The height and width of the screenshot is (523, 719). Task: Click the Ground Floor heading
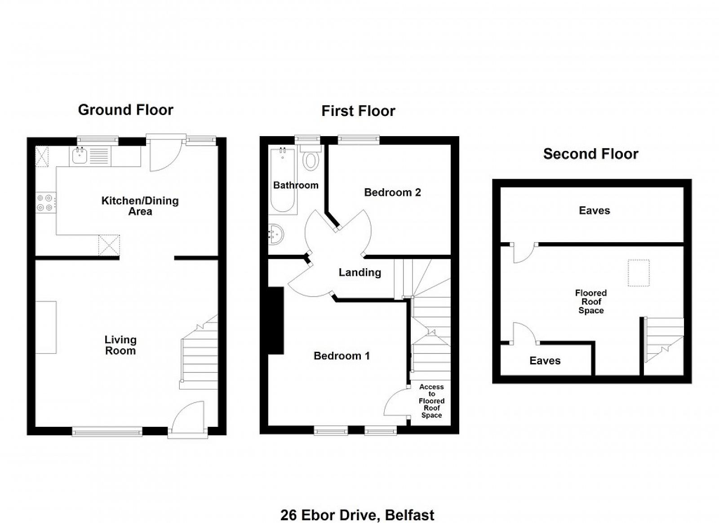coord(125,110)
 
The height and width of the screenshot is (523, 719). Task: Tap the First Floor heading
coord(358,111)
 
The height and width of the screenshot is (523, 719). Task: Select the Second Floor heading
coord(590,154)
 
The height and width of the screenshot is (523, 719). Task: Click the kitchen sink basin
coord(79,156)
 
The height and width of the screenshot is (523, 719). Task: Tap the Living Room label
coord(120,345)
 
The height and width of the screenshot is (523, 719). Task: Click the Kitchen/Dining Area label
coord(140,206)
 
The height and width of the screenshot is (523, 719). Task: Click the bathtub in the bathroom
coord(283,180)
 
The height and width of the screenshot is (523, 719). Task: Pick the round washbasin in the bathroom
coord(276,234)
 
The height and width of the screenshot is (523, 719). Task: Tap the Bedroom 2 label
coord(392,192)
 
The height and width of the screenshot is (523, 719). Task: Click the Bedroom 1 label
coord(342,355)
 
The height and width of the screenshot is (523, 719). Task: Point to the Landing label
coord(360,272)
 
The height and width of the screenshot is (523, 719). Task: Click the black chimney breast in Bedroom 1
coord(276,320)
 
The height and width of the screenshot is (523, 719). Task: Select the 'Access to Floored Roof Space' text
coord(431,401)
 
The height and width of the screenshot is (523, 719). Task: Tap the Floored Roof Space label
coord(590,301)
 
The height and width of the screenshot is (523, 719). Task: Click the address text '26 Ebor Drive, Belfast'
coord(357,515)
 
